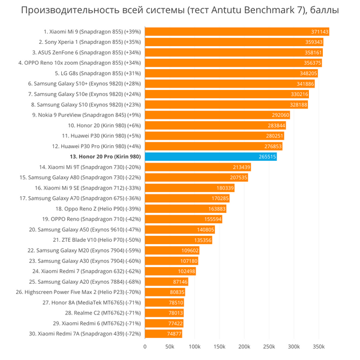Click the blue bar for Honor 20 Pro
[x=210, y=157]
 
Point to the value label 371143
[x=320, y=32]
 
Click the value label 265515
[x=267, y=157]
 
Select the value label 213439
[x=241, y=167]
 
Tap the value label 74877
[x=174, y=334]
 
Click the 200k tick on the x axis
[x=244, y=347]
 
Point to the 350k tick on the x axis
[x=319, y=347]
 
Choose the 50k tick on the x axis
[x=170, y=347]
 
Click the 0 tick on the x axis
[x=145, y=347]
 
